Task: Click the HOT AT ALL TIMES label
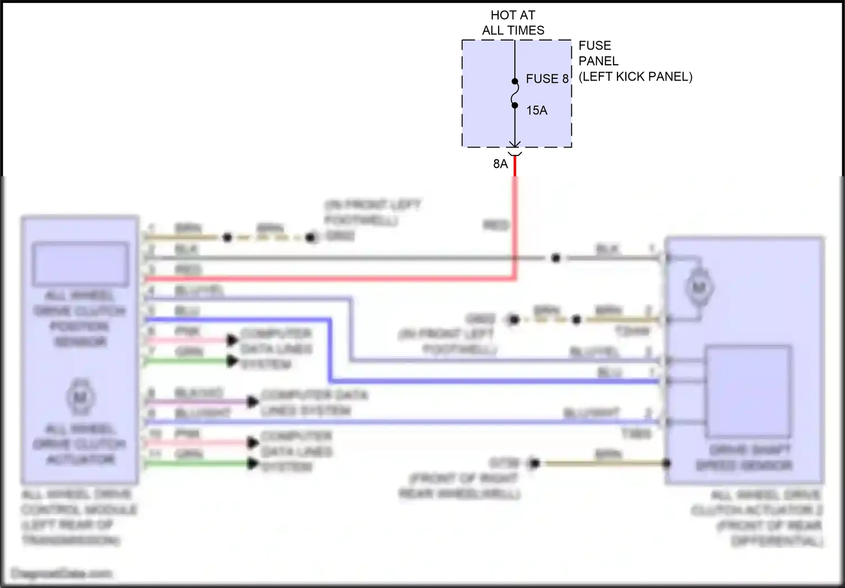click(513, 23)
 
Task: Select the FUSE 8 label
click(546, 79)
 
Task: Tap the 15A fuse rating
click(536, 110)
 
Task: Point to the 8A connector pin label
click(500, 164)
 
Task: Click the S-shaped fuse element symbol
click(515, 93)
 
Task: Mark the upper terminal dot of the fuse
click(515, 81)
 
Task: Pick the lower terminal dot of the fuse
click(515, 105)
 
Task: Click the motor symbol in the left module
click(80, 398)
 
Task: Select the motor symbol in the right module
click(699, 288)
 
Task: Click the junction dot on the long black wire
click(555, 258)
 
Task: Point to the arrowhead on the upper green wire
click(232, 361)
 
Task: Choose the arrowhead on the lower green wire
click(253, 464)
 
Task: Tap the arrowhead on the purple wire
click(253, 402)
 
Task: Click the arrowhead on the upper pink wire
click(232, 340)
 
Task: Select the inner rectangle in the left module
click(80, 264)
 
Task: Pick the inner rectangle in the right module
click(748, 391)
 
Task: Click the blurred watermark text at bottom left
click(62, 573)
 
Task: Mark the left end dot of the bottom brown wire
click(534, 463)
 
